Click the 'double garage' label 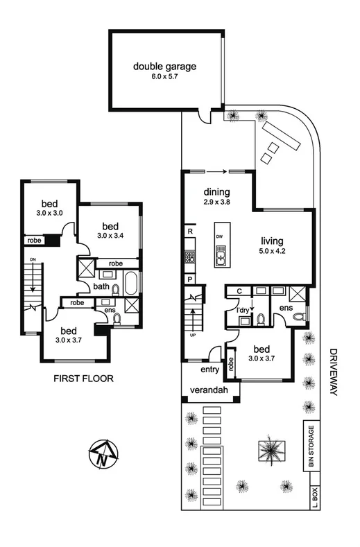(165, 67)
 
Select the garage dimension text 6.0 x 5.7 (165, 78)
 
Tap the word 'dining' (216, 192)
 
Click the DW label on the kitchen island (220, 236)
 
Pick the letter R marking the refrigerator (189, 232)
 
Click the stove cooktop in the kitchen (189, 257)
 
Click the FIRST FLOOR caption (83, 379)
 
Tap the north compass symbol (103, 455)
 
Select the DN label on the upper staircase (32, 260)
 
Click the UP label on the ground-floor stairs (193, 336)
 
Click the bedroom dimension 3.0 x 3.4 (110, 236)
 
